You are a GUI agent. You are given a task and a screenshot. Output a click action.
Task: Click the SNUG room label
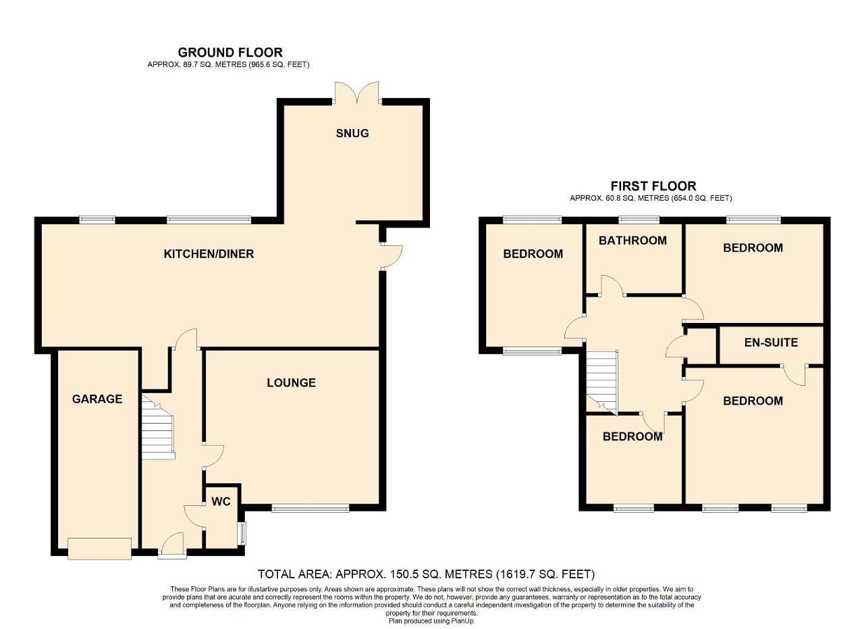click(352, 133)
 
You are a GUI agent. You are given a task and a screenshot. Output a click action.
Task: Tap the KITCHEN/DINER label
click(209, 253)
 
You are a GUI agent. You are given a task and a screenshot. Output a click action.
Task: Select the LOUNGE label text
click(291, 382)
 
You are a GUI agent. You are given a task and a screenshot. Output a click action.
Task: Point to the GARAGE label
click(97, 399)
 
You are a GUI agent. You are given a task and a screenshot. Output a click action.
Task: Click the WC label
click(221, 501)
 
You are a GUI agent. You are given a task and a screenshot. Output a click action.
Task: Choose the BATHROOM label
click(632, 241)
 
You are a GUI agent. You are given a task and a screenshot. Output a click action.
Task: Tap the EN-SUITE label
click(771, 343)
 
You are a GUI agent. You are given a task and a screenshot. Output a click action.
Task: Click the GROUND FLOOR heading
click(230, 52)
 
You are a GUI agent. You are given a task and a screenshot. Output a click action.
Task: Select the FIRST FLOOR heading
click(653, 186)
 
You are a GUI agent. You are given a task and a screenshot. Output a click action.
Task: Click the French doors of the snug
click(357, 93)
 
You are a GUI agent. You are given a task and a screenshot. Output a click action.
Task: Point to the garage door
click(99, 549)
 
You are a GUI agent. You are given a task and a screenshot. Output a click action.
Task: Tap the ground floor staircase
click(158, 427)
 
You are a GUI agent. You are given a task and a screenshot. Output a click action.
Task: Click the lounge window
click(310, 508)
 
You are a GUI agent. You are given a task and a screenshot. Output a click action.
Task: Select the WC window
click(242, 533)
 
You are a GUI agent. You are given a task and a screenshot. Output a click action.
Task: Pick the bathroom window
click(639, 220)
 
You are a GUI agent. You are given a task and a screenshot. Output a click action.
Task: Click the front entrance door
click(172, 545)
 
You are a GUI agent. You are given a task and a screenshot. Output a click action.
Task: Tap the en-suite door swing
click(794, 375)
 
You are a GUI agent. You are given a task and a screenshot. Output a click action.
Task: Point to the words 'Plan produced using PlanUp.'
click(431, 621)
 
